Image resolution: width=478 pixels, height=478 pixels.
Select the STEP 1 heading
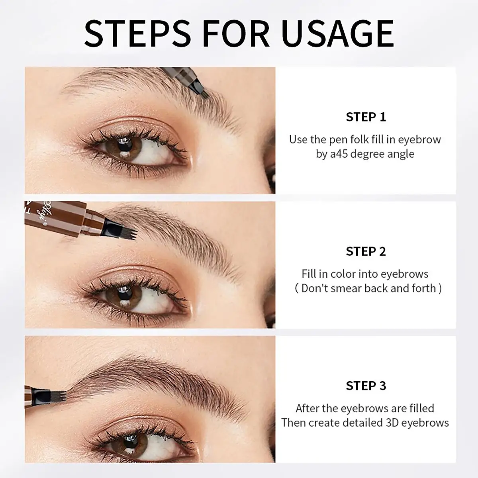click(x=366, y=117)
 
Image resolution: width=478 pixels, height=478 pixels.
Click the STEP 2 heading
click(x=366, y=251)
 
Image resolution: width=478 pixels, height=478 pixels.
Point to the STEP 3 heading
click(x=366, y=386)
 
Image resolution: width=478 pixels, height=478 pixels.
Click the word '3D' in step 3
click(x=390, y=423)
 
